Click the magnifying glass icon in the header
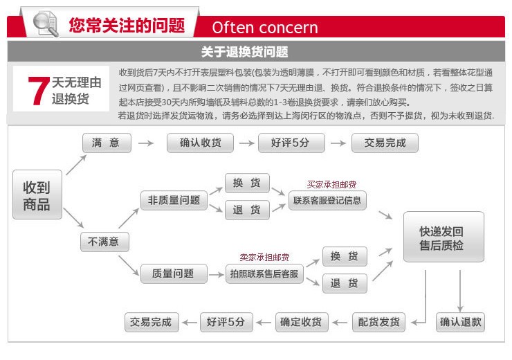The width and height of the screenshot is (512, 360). coord(46,24)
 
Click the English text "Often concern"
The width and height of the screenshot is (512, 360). coord(265,28)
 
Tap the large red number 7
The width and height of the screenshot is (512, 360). coord(39,91)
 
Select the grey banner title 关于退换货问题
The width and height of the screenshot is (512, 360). coord(244,52)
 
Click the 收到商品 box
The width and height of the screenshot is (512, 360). coord(37,195)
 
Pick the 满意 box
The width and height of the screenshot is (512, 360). coord(107,143)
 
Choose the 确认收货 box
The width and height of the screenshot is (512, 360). coord(200,143)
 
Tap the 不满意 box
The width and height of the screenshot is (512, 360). coord(104,242)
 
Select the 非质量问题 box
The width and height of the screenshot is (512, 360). coord(174,200)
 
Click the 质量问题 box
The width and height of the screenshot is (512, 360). coord(174,273)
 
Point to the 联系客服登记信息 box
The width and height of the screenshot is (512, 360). coord(327,200)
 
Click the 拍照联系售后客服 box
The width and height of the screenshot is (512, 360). coord(264,273)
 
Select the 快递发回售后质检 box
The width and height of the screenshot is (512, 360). coord(444,237)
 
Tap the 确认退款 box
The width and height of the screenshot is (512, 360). coord(460,323)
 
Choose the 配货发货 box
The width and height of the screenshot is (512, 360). coord(378,323)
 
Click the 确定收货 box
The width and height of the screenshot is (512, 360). coord(302,323)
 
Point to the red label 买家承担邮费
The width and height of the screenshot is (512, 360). coord(331,185)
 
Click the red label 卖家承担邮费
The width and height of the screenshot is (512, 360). coord(264,258)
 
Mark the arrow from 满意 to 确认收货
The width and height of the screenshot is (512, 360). coord(146,143)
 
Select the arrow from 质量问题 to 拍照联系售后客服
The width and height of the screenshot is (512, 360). coord(216,275)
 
